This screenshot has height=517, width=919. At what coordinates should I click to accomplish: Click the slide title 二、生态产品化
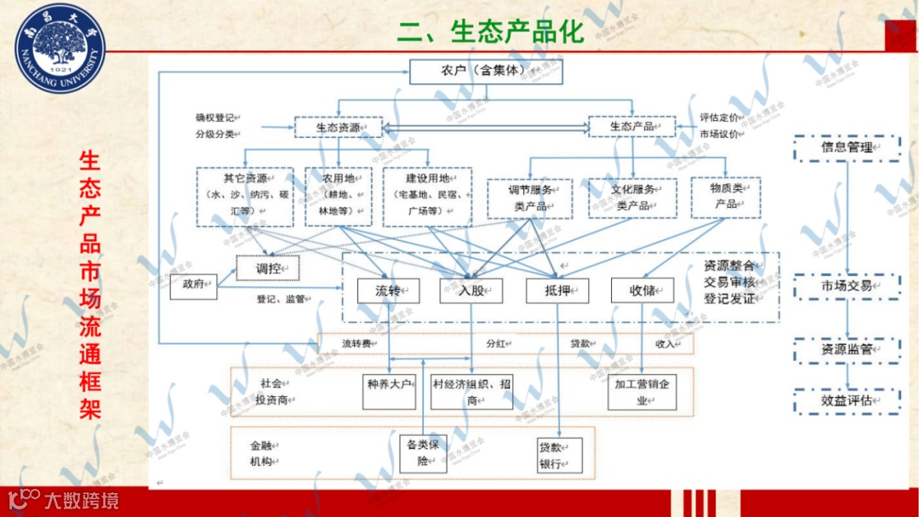click(x=490, y=32)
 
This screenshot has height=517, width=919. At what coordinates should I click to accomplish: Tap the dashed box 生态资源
click(x=338, y=128)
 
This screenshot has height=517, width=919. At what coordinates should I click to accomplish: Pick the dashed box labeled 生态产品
click(x=631, y=127)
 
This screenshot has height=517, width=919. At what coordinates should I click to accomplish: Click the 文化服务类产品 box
click(x=632, y=198)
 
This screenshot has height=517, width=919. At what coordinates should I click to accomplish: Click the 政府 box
click(x=193, y=287)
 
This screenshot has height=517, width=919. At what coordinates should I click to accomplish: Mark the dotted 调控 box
click(x=268, y=268)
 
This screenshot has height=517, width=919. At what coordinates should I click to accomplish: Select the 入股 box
click(x=471, y=291)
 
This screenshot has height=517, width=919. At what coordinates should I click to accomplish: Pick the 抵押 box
click(x=557, y=291)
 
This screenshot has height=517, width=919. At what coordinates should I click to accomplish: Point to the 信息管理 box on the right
click(x=847, y=148)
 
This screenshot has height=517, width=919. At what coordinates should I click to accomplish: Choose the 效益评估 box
click(x=847, y=400)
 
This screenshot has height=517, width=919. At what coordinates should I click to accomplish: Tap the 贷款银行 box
click(x=560, y=456)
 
